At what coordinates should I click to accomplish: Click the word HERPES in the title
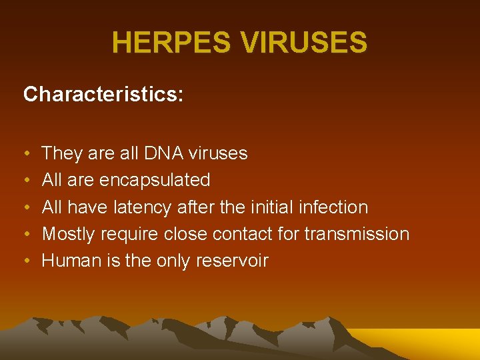(x=172, y=43)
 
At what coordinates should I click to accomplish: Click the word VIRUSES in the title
(x=304, y=43)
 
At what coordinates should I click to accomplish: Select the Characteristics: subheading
(x=103, y=95)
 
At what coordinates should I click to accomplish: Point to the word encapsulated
(x=154, y=180)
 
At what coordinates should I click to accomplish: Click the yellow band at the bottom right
(x=427, y=343)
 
